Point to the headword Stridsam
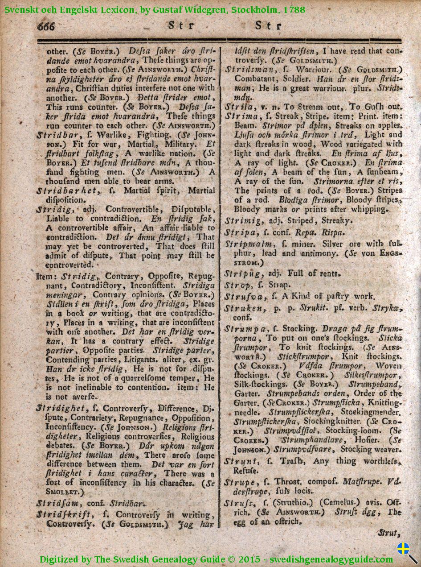(53, 503)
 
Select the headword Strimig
(241, 220)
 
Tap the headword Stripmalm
(245, 244)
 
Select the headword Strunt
(239, 461)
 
